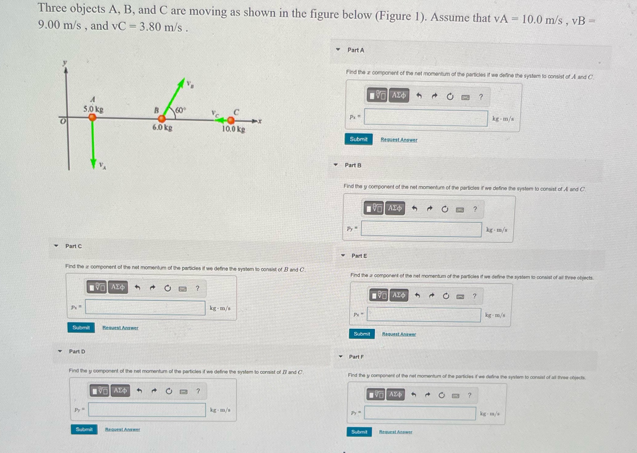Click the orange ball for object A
pos(92,117)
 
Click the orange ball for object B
pos(162,118)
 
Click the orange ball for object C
pos(231,120)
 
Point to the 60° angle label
pos(180,110)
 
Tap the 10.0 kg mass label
pos(233,129)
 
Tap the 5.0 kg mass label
pos(93,109)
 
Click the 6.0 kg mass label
pos(162,127)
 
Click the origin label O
pos(63,121)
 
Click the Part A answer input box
pos(425,118)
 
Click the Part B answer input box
pos(421,229)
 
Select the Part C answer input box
pos(145,307)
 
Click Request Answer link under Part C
pos(120,328)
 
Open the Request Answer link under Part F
pos(395,432)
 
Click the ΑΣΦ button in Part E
pos(399,295)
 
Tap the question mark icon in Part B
pos(475,209)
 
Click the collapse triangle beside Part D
pos(60,351)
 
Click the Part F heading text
pos(356,357)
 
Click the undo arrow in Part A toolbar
pos(419,96)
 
